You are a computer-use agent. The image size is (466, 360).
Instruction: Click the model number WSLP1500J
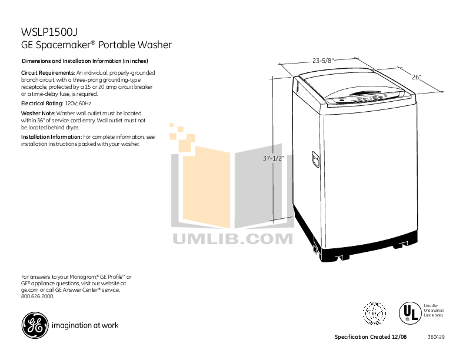[49, 32]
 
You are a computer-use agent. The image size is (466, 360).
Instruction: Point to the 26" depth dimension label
[417, 77]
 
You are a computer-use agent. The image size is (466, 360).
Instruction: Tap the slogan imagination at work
[85, 325]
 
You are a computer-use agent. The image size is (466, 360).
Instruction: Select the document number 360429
[436, 337]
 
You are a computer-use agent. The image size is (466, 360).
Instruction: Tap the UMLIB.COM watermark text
[233, 238]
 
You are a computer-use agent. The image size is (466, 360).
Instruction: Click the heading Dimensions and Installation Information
[85, 61]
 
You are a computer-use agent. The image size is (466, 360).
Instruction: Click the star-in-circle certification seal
[374, 312]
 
